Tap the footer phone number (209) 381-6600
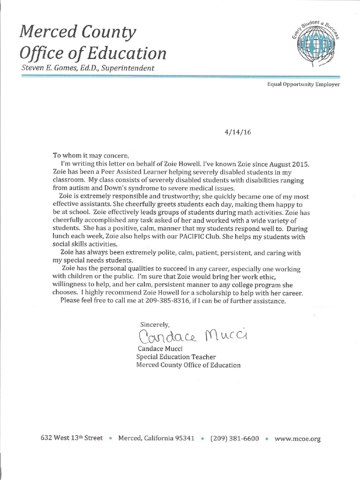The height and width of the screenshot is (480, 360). click(234, 439)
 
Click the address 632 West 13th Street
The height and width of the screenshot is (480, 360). click(72, 438)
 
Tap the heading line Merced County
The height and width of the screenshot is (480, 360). click(77, 33)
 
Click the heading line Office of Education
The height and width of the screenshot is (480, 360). click(92, 53)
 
